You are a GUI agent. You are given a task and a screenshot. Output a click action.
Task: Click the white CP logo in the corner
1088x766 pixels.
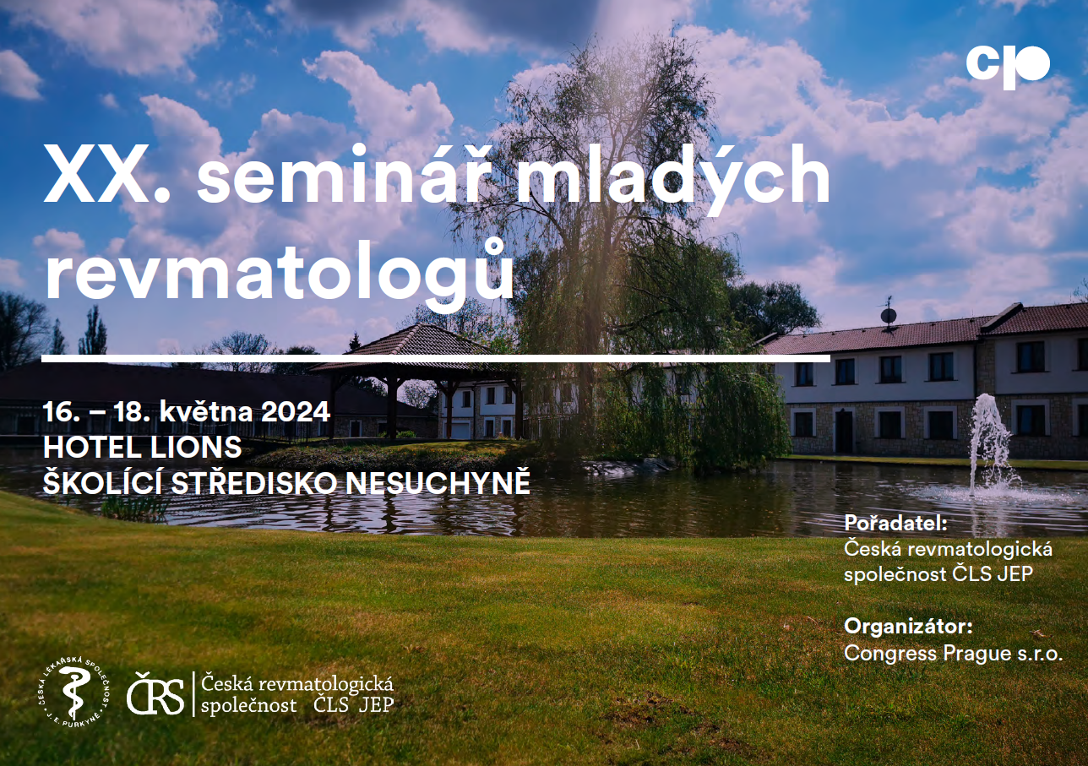[1008, 68]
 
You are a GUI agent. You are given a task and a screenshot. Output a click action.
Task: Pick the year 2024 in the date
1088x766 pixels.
[296, 412]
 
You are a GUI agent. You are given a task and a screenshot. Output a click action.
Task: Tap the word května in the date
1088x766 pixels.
[206, 412]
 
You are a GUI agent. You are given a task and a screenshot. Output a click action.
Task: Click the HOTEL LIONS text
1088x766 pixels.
[142, 447]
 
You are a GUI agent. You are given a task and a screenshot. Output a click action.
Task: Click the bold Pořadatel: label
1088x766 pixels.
[895, 523]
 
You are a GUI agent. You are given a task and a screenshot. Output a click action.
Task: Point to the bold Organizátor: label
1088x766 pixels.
[908, 626]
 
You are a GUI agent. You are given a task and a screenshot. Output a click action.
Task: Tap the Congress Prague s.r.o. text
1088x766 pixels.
[954, 654]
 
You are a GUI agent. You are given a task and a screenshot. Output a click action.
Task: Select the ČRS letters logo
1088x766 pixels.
[155, 693]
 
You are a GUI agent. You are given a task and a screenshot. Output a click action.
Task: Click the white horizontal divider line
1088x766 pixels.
[436, 359]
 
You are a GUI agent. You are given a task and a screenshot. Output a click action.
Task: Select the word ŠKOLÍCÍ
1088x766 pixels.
[103, 482]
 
